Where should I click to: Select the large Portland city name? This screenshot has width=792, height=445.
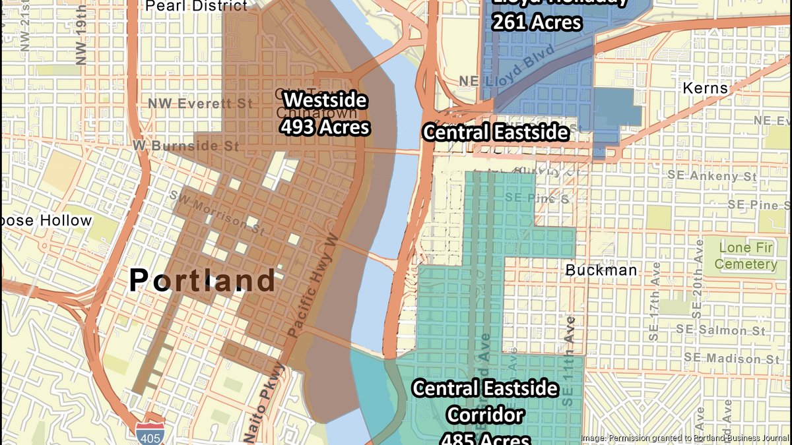[x=202, y=280]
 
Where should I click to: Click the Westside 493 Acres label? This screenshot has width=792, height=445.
[x=325, y=113]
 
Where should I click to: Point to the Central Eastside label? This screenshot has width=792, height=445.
[x=496, y=133]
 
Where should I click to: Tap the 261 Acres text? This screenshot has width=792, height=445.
[x=537, y=22]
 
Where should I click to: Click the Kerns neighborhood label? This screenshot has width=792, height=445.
[x=705, y=88]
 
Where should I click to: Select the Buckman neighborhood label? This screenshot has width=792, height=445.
[x=601, y=270]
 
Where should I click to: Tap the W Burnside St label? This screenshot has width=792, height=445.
[x=185, y=144]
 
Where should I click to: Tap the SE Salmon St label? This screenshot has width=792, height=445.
[x=724, y=330]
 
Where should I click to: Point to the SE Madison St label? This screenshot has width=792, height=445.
[x=733, y=358]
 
